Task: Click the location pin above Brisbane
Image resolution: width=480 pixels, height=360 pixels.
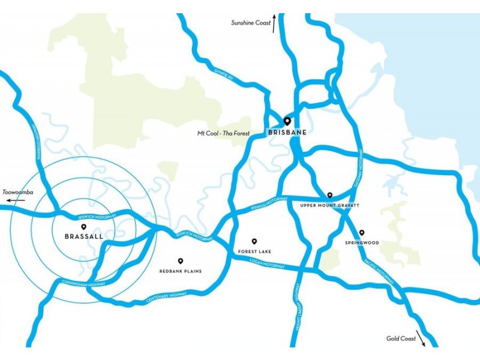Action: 287,121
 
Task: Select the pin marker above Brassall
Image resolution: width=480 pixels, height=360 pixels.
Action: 83,227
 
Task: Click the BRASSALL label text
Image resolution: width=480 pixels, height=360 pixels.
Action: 83,237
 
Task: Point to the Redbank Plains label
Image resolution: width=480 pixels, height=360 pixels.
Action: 180,271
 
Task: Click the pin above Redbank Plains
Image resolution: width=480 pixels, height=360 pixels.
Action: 180,261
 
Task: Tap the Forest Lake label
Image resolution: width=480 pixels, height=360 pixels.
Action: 254,251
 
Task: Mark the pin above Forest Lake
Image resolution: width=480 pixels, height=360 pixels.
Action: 254,241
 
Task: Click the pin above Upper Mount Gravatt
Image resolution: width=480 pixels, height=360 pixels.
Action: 329,195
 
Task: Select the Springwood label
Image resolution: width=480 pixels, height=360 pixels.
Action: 362,243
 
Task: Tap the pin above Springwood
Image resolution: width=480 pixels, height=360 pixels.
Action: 362,233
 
